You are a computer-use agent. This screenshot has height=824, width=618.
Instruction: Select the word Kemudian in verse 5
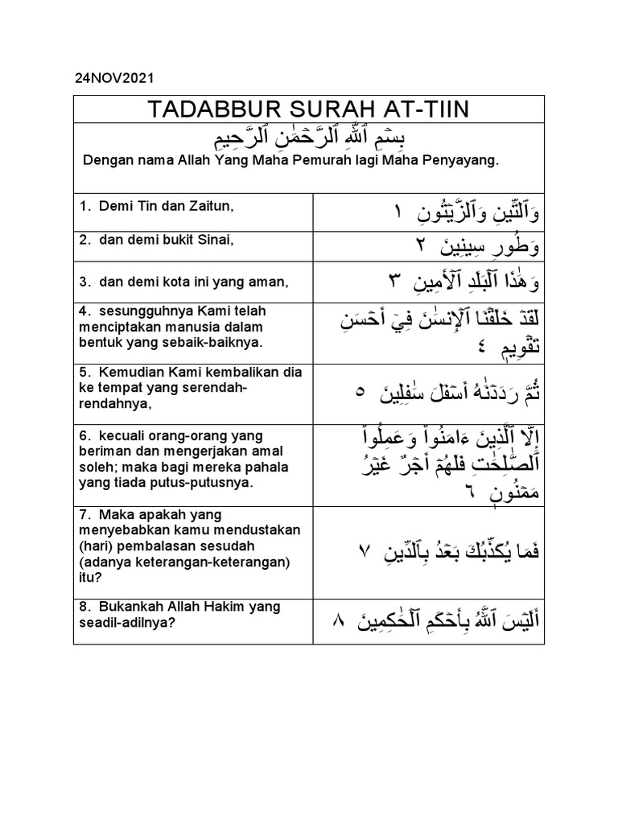pos(131,372)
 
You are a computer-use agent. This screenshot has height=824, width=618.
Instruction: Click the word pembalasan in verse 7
pos(155,546)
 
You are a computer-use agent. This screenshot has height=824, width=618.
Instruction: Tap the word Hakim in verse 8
pos(229,606)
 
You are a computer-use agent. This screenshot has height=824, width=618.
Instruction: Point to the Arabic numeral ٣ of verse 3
pos(394,282)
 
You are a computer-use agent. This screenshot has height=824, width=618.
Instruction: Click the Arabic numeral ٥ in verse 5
pos(360,392)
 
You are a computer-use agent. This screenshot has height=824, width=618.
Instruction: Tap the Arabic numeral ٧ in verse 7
pos(363,552)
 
